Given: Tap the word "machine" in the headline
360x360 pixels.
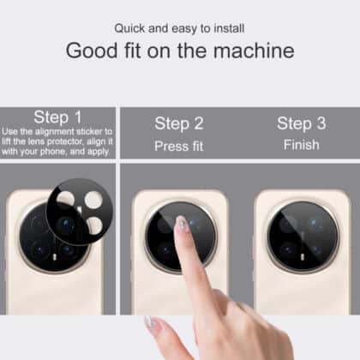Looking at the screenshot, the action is [254, 51].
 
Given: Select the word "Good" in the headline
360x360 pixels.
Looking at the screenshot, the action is [92, 51].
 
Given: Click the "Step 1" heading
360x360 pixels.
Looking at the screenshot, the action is [58, 117].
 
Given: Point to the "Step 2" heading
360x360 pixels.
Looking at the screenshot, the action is [179, 123].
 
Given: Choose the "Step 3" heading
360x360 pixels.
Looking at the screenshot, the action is [302, 123].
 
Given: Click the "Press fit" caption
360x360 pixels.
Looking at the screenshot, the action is [179, 147].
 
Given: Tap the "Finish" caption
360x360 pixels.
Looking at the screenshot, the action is [302, 145].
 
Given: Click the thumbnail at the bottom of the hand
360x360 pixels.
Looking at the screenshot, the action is [150, 322].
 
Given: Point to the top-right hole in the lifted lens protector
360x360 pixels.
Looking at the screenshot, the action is [93, 199].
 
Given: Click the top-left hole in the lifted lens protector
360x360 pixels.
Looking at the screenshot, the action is [65, 199].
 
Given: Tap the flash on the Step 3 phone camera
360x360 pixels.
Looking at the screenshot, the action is [303, 257].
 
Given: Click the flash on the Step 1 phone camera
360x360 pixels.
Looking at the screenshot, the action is [55, 257].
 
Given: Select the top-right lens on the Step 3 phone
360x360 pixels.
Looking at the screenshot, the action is [315, 223].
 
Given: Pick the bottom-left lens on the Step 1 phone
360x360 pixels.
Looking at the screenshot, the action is [40, 250].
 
